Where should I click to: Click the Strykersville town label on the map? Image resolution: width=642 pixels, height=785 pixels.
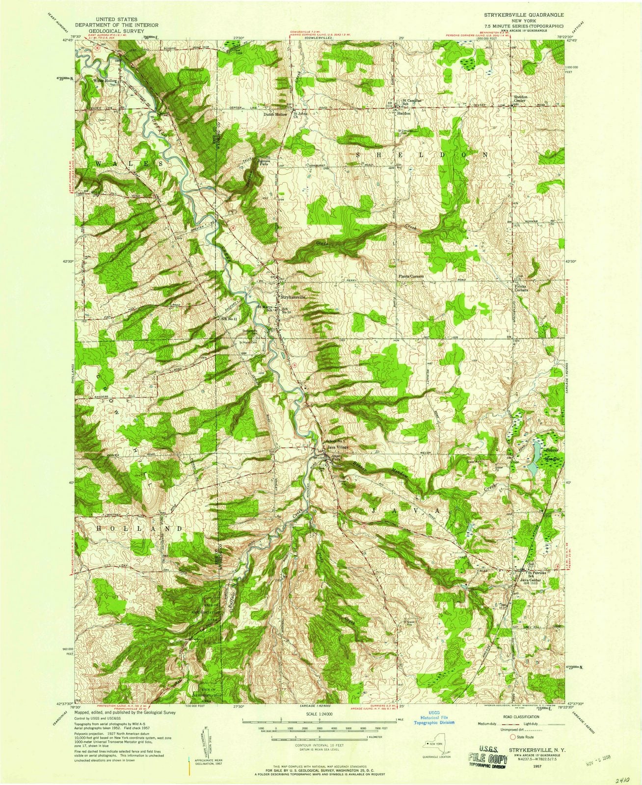pyautogui.click(x=294, y=297)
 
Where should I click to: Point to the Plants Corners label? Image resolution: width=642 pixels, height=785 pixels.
pyautogui.click(x=410, y=276)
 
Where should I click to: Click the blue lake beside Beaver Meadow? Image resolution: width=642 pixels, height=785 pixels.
pyautogui.click(x=532, y=467)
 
